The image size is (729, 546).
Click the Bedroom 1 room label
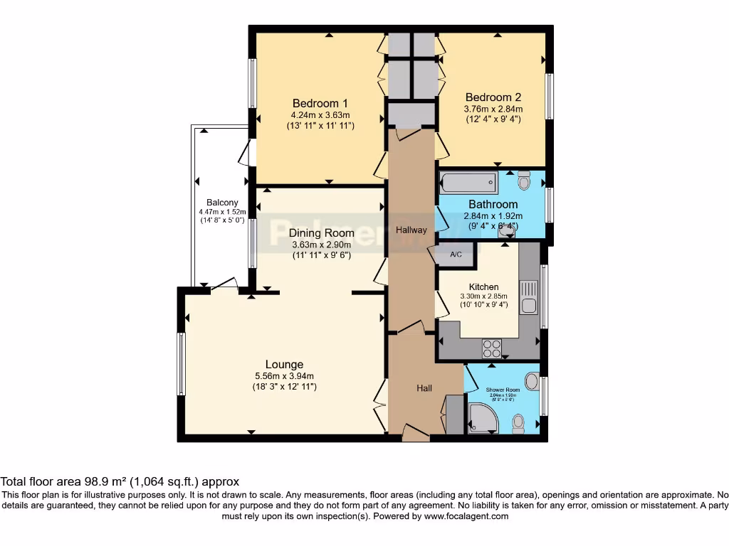click(x=320, y=103)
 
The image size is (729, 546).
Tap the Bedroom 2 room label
click(x=493, y=97)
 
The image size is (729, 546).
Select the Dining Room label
click(x=321, y=232)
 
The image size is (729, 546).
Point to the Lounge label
click(x=285, y=365)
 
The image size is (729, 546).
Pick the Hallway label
click(x=411, y=230)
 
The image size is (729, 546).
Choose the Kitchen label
click(x=483, y=287)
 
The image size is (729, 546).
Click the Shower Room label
click(x=503, y=390)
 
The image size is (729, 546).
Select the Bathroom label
click(x=493, y=205)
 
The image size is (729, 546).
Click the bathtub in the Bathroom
click(x=469, y=183)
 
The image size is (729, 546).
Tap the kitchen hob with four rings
click(x=492, y=348)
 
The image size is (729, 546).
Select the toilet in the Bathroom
click(x=525, y=181)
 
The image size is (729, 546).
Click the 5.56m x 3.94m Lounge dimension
click(x=285, y=376)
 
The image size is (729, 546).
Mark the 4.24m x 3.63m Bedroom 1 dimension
click(x=320, y=114)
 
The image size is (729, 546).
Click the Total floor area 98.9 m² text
click(x=120, y=481)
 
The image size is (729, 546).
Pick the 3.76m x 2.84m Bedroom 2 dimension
click(x=493, y=109)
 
